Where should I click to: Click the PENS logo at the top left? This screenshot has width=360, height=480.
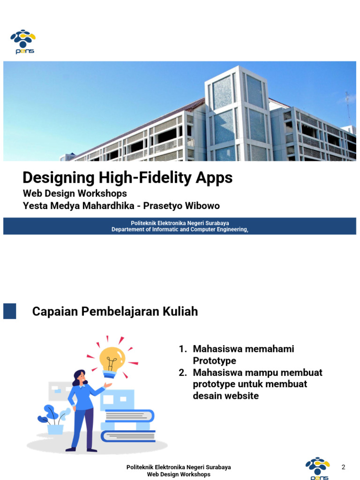click(x=23, y=42)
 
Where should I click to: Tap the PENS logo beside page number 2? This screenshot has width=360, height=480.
click(x=317, y=468)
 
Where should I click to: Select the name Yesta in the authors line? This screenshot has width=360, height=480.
click(x=35, y=206)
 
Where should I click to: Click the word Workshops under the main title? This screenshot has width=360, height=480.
click(x=103, y=193)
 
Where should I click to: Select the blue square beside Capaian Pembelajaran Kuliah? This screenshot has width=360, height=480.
click(x=9, y=311)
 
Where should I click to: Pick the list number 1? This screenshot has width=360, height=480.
click(x=182, y=349)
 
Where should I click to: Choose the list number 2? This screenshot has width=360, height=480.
click(x=182, y=373)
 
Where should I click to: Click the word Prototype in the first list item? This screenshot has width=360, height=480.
click(x=214, y=361)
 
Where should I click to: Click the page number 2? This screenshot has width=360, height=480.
click(x=343, y=467)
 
